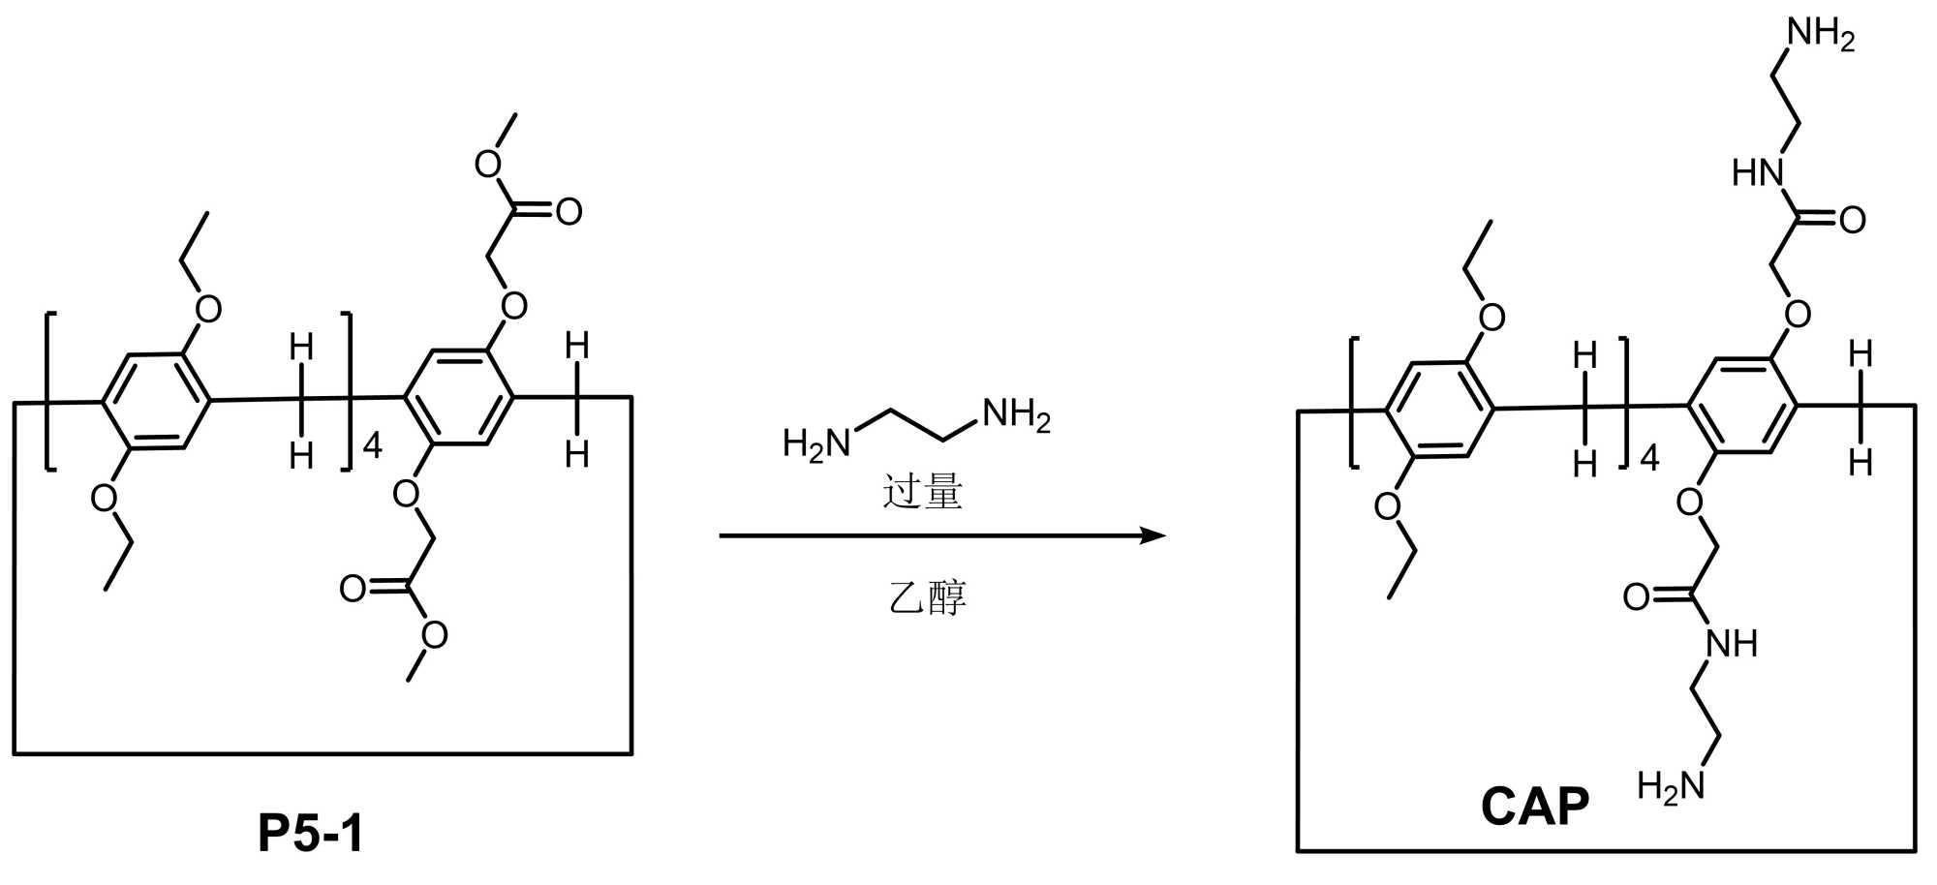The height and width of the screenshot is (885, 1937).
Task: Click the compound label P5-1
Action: click(x=311, y=834)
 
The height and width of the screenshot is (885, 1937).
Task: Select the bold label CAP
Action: click(x=1535, y=807)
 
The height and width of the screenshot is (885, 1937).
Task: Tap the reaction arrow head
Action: click(x=1153, y=535)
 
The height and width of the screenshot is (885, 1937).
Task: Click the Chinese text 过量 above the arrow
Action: click(x=922, y=492)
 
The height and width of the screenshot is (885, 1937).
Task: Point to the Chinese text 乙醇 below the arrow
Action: click(x=927, y=597)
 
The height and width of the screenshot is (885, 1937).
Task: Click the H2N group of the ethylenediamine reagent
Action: click(x=815, y=444)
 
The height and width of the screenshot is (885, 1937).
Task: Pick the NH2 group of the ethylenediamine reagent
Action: click(x=1016, y=415)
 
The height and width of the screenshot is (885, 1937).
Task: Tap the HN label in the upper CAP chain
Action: click(x=1758, y=173)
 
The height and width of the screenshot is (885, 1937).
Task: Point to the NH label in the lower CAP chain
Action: click(x=1732, y=643)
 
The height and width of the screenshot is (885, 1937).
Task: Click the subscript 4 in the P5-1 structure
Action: click(x=372, y=445)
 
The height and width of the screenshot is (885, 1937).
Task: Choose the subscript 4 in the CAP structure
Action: click(x=1649, y=457)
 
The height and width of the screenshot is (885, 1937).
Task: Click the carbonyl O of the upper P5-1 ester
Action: click(x=569, y=212)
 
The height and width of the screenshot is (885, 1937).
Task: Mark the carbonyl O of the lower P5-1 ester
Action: click(x=354, y=589)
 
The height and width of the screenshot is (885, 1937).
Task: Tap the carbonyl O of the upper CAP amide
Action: click(x=1852, y=221)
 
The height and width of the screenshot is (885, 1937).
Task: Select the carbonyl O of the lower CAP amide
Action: click(x=1637, y=597)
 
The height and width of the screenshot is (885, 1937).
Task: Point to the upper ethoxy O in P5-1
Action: click(x=208, y=309)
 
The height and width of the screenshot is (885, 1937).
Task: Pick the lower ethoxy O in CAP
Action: click(x=1389, y=506)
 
